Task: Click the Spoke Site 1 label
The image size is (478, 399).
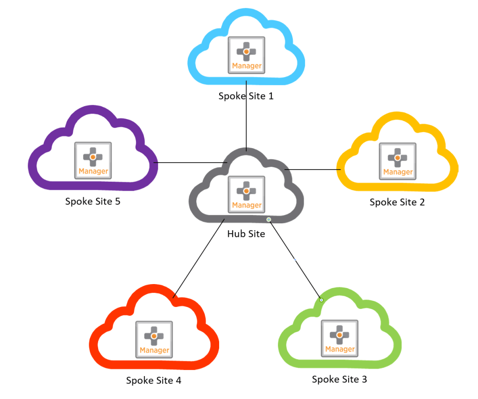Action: tap(246, 96)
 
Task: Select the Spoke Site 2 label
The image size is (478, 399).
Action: tap(397, 202)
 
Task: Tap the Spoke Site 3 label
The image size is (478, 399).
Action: tap(339, 379)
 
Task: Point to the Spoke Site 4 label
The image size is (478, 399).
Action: tap(153, 380)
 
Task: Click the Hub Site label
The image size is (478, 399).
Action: tap(246, 234)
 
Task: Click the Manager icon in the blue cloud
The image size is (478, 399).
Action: tap(247, 55)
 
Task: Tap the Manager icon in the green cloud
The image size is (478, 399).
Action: tap(340, 338)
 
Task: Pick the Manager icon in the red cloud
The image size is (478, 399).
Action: tap(154, 340)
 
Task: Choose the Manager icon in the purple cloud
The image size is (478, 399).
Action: tap(93, 160)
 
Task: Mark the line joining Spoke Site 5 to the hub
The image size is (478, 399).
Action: tap(189, 163)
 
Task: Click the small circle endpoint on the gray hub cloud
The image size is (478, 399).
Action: tap(269, 220)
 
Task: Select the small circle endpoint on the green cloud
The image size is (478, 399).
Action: tap(321, 299)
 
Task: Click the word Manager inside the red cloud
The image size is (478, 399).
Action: tap(154, 350)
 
